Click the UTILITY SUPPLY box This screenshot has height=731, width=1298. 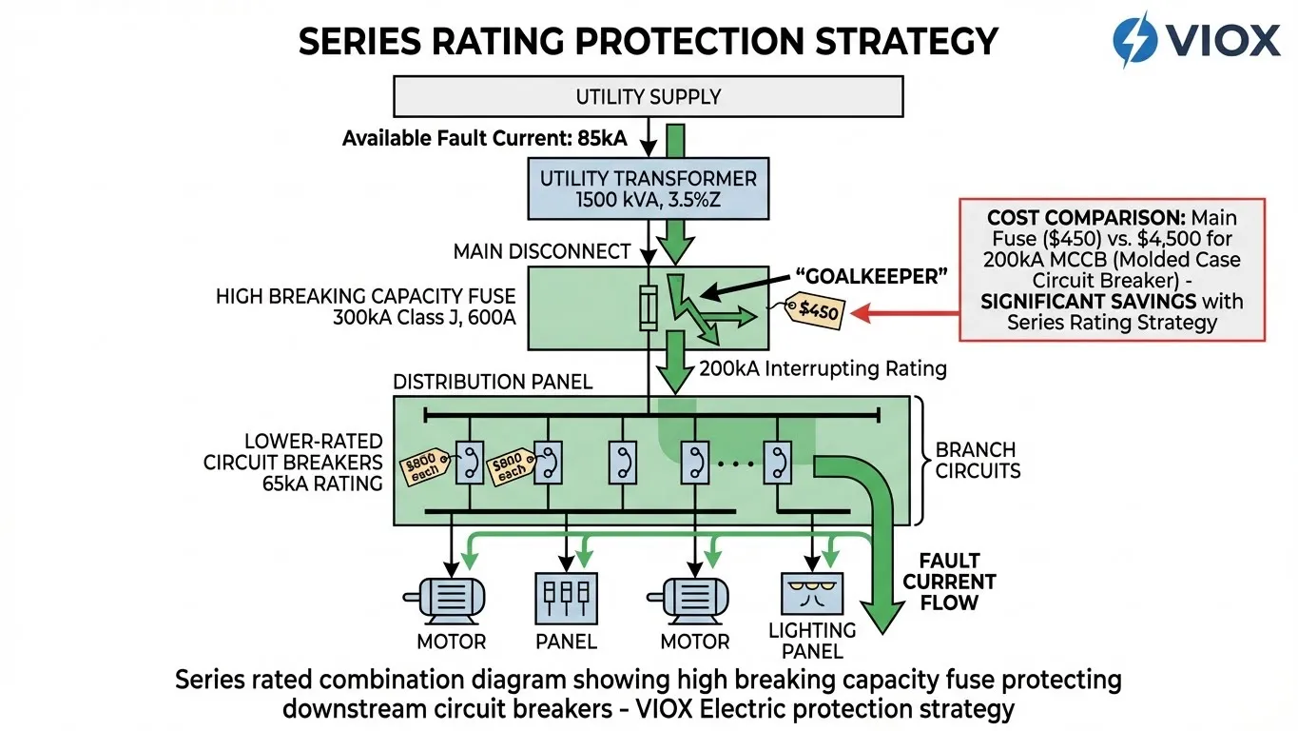pos(648,96)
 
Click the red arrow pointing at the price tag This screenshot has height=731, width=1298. pos(904,312)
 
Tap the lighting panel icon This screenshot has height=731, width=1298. pos(811,595)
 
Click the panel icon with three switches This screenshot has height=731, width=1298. pos(566,597)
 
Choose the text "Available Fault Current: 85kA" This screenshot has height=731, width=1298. pos(485,139)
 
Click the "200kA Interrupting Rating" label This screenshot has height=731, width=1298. pos(823,368)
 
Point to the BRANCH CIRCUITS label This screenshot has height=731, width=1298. pos(976,460)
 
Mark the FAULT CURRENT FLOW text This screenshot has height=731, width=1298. pos(949,582)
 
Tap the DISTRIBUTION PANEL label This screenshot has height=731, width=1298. pos(493,382)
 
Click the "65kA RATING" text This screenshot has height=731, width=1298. pos(323,484)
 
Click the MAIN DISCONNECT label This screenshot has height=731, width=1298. pos(542,251)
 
